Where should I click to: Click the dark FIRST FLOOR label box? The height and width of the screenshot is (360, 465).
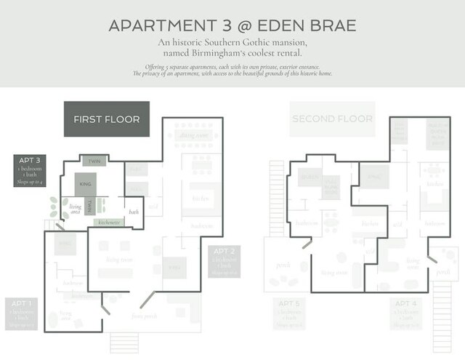107,119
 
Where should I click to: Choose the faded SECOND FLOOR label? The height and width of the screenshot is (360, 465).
332,119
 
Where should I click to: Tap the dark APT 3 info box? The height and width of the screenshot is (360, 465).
31,170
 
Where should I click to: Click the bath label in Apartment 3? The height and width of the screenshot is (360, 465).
134,212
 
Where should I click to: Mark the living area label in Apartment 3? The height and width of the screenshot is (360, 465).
76,209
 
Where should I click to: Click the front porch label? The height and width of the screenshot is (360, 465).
144,316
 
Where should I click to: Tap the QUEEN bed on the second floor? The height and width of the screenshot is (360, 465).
311,177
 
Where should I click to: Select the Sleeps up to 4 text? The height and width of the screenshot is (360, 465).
31,181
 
